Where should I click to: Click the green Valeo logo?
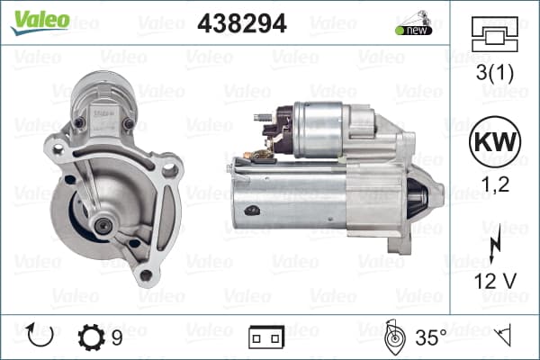40,22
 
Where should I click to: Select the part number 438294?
242,23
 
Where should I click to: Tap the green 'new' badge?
414,30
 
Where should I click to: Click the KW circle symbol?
495,141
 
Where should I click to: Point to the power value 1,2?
495,184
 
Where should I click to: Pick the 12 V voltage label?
495,281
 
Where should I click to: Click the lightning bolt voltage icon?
495,244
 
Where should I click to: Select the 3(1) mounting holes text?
494,73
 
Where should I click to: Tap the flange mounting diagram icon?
494,34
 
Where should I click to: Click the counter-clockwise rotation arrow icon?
40,335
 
